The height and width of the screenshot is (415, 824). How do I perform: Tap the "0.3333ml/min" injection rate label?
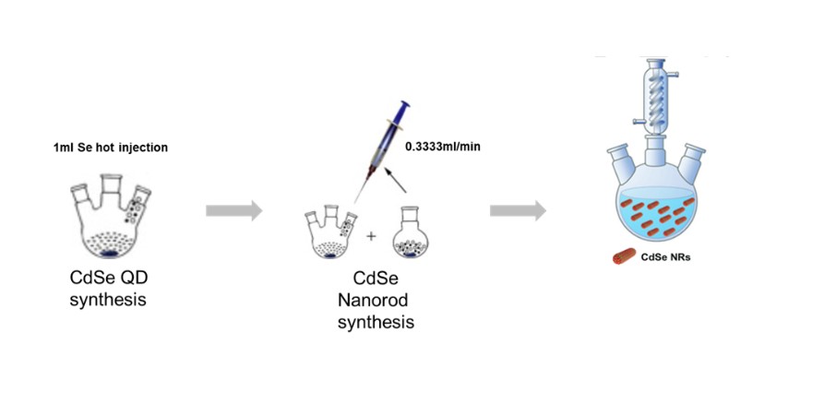pos(443,146)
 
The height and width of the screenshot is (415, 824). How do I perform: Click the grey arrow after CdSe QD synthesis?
pos(233,210)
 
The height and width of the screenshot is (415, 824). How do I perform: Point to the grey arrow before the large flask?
pos(517,210)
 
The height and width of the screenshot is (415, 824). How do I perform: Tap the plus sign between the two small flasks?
pos(372,236)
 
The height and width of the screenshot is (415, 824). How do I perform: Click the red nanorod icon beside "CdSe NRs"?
pos(624,258)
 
